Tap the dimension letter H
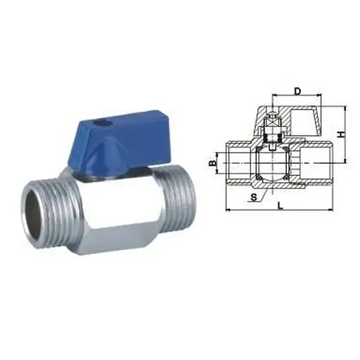[340, 133]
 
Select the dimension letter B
[212, 164]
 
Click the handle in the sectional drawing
[302, 120]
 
